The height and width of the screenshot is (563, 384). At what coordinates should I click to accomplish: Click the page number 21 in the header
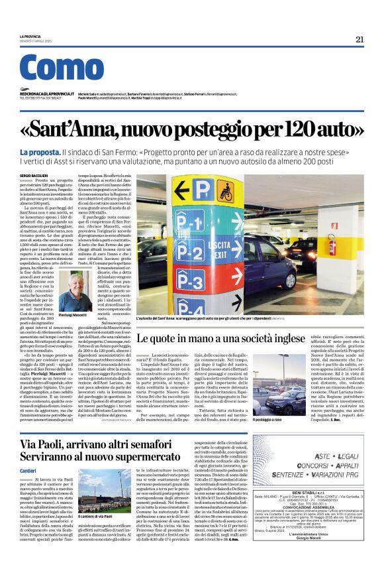[360, 39]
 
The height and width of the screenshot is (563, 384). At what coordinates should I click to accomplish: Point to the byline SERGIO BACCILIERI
[54, 174]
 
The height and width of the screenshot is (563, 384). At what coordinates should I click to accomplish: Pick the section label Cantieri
[28, 452]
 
